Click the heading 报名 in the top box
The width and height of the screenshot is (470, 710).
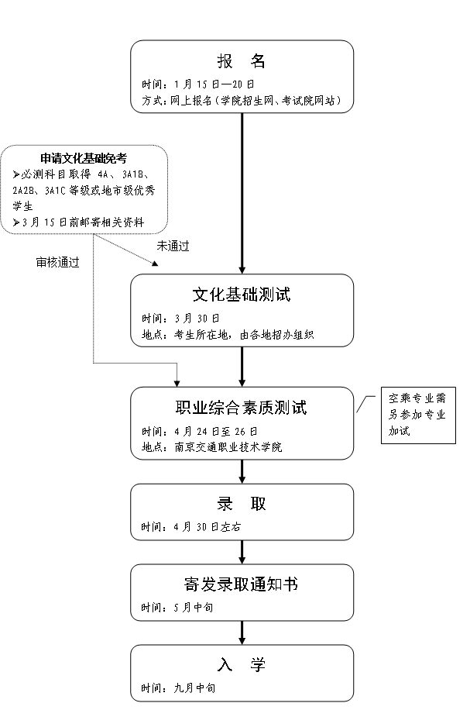pos(242,62)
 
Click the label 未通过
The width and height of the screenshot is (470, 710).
pos(173,246)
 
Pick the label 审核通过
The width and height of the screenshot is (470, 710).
pos(57,262)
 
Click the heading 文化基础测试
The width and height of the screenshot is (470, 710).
pos(242,295)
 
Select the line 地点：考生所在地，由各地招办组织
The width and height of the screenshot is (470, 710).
pos(238,335)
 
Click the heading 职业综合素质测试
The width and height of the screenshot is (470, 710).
pos(242,408)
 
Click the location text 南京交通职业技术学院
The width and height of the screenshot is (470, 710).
pos(229,447)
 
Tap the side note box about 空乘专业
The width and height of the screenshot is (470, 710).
pos(417,415)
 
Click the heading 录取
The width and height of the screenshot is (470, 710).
pos(242,504)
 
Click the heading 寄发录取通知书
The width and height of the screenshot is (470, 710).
pos(242,584)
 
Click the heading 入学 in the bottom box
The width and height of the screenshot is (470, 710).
pos(242,665)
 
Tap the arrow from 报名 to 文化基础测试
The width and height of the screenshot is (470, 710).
pos(243,194)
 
